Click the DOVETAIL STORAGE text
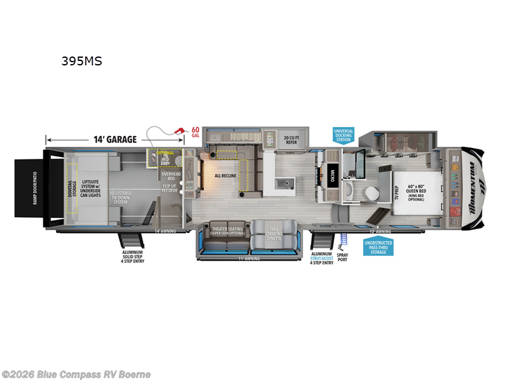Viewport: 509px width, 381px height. [x=72, y=188]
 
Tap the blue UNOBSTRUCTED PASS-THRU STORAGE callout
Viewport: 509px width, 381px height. [x=379, y=248]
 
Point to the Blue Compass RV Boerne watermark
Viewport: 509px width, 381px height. [x=76, y=374]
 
